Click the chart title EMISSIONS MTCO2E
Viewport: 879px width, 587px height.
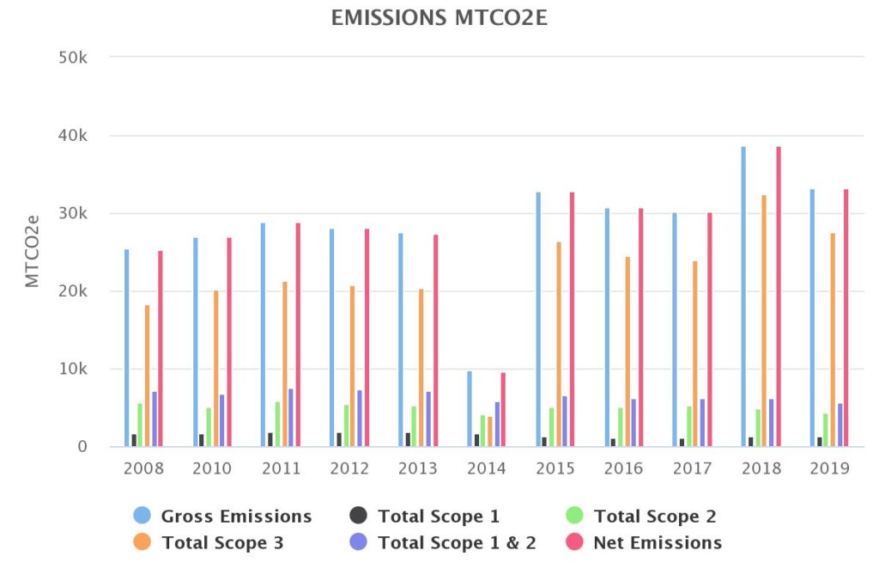[439, 18]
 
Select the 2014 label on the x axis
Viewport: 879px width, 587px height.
[487, 469]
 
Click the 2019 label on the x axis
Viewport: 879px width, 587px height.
[828, 469]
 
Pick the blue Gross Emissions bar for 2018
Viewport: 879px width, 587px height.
[743, 297]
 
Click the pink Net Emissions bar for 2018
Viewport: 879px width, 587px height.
[779, 297]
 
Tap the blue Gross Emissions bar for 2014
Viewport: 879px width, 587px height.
[470, 409]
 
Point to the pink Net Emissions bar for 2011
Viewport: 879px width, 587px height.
[298, 335]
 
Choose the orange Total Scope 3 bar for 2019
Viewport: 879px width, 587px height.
[832, 339]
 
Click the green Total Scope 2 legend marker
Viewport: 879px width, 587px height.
[574, 516]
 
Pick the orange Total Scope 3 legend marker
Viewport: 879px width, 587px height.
[142, 542]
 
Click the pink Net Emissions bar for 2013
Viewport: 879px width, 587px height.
[435, 340]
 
